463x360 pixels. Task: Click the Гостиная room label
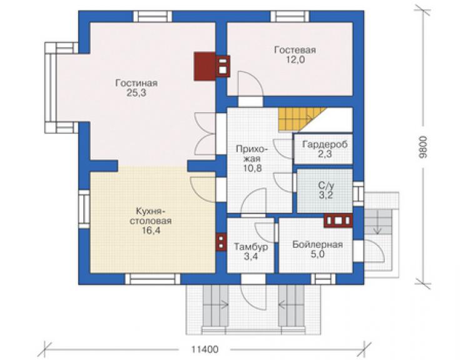point(136,83)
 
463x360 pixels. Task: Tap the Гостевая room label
point(295,50)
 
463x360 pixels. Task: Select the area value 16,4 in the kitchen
point(151,230)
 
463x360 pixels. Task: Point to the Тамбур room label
point(251,247)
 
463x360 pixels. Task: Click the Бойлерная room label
point(318,245)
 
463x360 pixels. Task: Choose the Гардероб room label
point(325,145)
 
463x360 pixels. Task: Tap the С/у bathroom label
point(326,186)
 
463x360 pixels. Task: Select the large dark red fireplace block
point(205,66)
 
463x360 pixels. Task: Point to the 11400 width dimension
point(205,349)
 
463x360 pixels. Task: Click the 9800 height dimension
point(424,148)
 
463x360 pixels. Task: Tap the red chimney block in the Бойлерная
point(338,220)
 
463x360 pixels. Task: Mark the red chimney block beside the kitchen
point(221,241)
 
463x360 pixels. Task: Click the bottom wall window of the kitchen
point(153,279)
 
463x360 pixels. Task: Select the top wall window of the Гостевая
point(290,16)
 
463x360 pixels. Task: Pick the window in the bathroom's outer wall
point(359,193)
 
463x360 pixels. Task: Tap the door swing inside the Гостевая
point(250,84)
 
